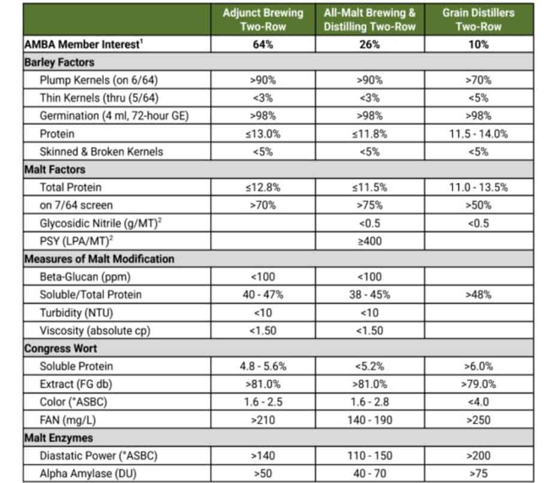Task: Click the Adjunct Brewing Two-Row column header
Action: click(x=263, y=19)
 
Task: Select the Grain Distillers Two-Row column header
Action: click(x=478, y=19)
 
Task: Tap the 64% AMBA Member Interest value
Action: click(x=263, y=44)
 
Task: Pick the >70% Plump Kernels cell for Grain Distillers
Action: click(x=478, y=80)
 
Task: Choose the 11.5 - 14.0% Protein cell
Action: click(x=478, y=134)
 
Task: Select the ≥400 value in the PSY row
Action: click(x=369, y=241)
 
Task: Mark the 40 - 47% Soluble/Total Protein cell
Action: click(x=263, y=295)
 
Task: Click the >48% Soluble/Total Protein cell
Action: click(x=478, y=295)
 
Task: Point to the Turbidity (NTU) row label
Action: click(x=76, y=313)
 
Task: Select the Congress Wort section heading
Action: click(x=61, y=349)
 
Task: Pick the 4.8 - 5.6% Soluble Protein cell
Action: click(x=263, y=366)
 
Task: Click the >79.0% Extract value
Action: click(x=478, y=384)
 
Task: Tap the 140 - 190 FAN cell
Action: click(x=369, y=420)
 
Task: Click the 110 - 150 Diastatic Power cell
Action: click(x=369, y=455)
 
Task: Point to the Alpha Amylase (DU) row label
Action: click(x=88, y=473)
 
